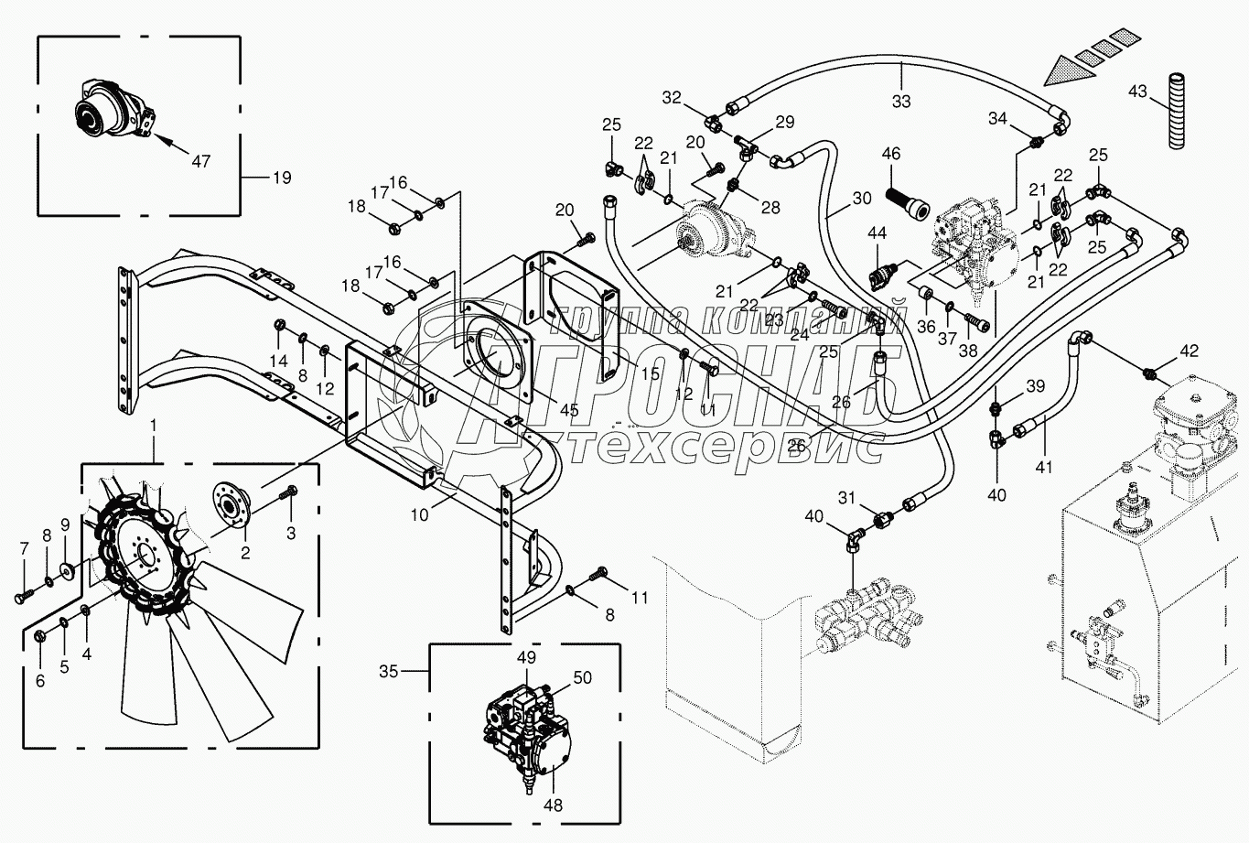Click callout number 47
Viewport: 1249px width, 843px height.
pos(201,161)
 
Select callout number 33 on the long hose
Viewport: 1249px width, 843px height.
pos(901,102)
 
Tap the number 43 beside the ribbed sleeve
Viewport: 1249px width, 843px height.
pos(1137,92)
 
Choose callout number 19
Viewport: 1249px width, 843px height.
pos(282,178)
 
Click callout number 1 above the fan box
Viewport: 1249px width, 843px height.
pos(154,426)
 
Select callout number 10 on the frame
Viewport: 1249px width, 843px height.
pos(419,515)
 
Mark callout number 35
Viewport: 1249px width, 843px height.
pos(389,672)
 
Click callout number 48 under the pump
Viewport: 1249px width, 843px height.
pos(553,805)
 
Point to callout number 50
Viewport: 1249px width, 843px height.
pos(583,678)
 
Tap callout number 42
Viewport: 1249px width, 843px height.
pos(1188,351)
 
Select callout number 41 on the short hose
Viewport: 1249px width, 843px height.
pos(1044,467)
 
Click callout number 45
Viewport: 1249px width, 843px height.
pos(569,411)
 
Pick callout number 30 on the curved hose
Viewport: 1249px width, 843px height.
pos(861,198)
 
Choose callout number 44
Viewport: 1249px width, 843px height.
pos(878,235)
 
